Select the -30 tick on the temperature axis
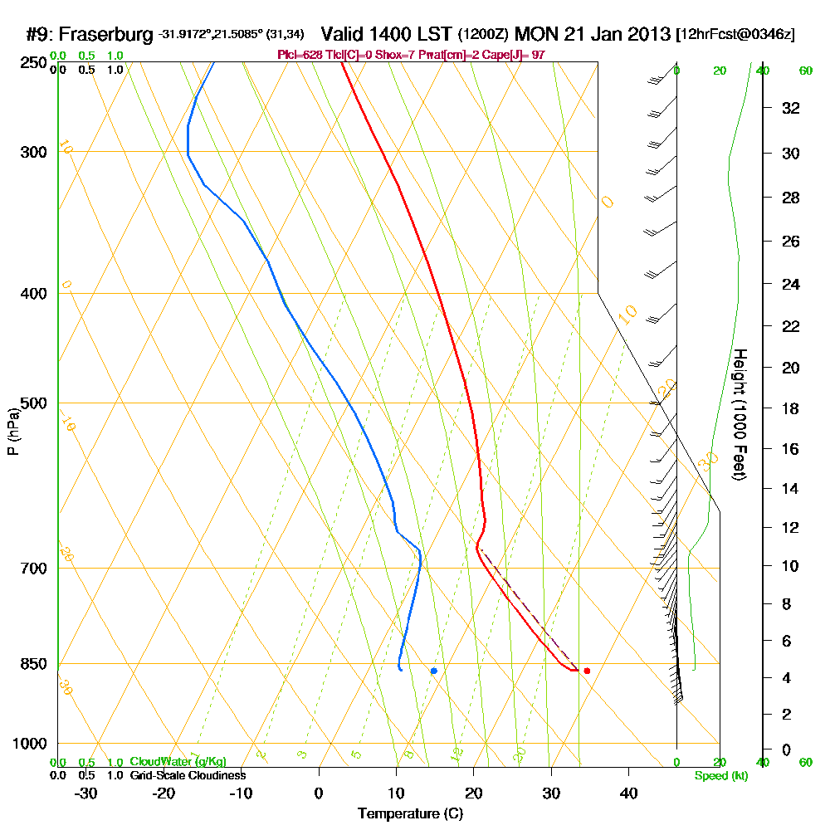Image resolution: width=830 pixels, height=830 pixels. point(86,793)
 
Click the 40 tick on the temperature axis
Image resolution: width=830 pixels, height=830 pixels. point(628,793)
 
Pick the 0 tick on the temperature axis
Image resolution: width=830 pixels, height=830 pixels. point(319,793)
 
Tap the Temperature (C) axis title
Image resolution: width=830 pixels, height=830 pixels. point(410,814)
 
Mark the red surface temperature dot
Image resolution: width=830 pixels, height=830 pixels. point(587,671)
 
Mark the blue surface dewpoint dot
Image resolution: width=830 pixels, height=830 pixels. point(433,671)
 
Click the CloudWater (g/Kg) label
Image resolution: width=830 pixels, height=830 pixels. point(178,762)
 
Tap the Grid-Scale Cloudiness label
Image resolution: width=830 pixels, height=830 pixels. point(188,775)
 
